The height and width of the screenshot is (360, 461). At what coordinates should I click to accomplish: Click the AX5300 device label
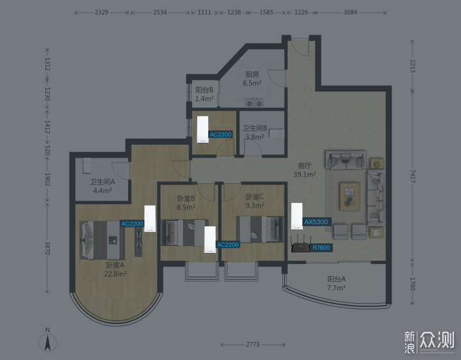pyautogui.click(x=316, y=222)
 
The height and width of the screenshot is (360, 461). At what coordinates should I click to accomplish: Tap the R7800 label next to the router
pyautogui.click(x=321, y=248)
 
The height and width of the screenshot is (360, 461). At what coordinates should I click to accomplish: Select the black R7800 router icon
pyautogui.click(x=301, y=243)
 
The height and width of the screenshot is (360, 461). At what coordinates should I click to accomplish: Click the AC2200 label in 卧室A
pyautogui.click(x=132, y=224)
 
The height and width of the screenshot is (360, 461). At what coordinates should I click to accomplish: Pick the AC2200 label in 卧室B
pyautogui.click(x=228, y=245)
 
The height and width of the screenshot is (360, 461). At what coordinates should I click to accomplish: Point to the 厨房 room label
pyautogui.click(x=252, y=75)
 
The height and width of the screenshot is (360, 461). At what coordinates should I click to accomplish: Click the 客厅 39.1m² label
pyautogui.click(x=305, y=170)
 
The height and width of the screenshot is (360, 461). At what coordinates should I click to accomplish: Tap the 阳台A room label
pyautogui.click(x=336, y=279)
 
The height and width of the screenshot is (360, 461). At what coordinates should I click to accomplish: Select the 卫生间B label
pyautogui.click(x=255, y=128)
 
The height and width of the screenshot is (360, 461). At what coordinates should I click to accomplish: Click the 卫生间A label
pyautogui.click(x=102, y=182)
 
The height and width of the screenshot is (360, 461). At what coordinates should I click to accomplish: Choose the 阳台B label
pyautogui.click(x=204, y=90)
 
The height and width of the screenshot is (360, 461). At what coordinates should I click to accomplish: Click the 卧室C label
pyautogui.click(x=255, y=197)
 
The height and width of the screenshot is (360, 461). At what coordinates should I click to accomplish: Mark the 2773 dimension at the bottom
pyautogui.click(x=253, y=344)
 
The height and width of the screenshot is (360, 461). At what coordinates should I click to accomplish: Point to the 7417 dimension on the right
pyautogui.click(x=412, y=176)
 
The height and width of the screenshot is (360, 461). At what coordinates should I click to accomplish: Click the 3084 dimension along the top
pyautogui.click(x=350, y=12)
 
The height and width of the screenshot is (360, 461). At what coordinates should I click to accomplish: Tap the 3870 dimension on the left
pyautogui.click(x=47, y=249)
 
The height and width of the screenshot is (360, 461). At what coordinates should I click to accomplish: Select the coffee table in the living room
pyautogui.click(x=350, y=197)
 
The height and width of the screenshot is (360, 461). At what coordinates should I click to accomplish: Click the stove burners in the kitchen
pyautogui.click(x=254, y=102)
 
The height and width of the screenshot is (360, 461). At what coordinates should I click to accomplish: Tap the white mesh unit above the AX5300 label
pyautogui.click(x=296, y=216)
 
